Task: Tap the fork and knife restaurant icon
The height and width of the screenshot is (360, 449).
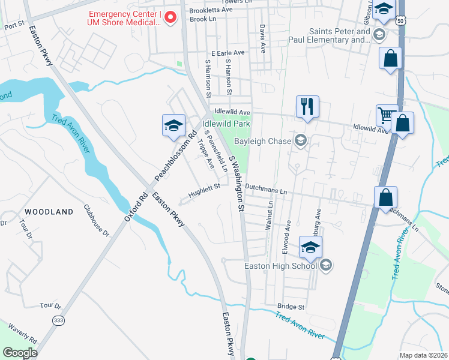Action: tap(307, 107)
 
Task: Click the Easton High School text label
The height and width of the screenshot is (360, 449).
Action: tap(280, 266)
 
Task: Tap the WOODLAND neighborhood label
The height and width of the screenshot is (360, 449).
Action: tap(49, 212)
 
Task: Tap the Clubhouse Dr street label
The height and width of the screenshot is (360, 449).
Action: tap(97, 220)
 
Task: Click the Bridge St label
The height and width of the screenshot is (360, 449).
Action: tap(291, 307)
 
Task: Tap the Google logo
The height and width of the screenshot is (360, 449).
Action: tap(20, 353)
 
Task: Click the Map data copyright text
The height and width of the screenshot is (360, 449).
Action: tap(423, 355)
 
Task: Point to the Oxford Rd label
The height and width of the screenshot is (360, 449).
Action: tap(136, 206)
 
